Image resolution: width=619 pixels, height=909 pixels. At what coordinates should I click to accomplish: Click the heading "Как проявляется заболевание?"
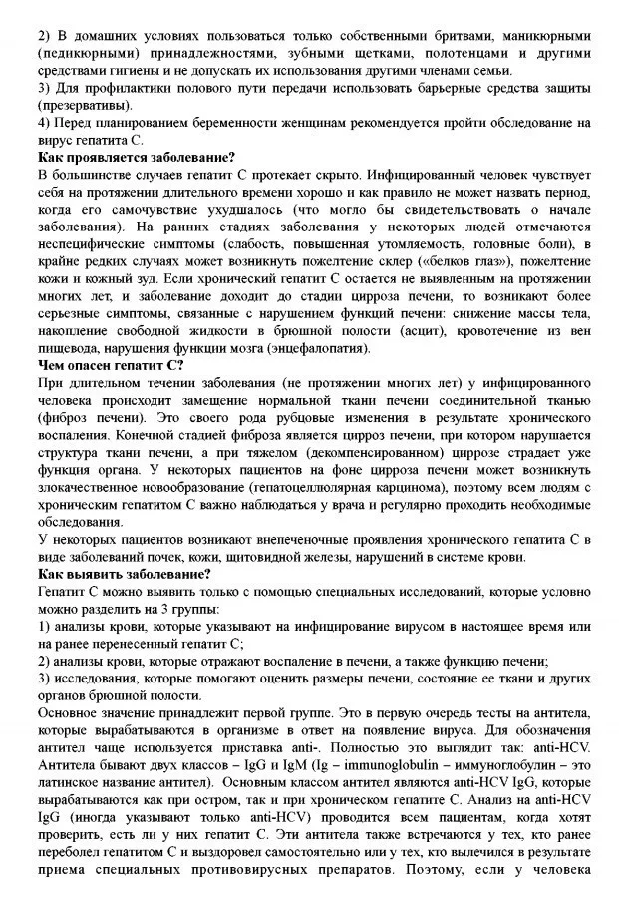click(137, 157)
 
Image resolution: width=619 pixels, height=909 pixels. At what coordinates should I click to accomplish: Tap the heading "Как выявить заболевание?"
click(125, 574)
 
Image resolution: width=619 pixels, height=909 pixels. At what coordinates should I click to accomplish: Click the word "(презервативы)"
click(84, 104)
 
